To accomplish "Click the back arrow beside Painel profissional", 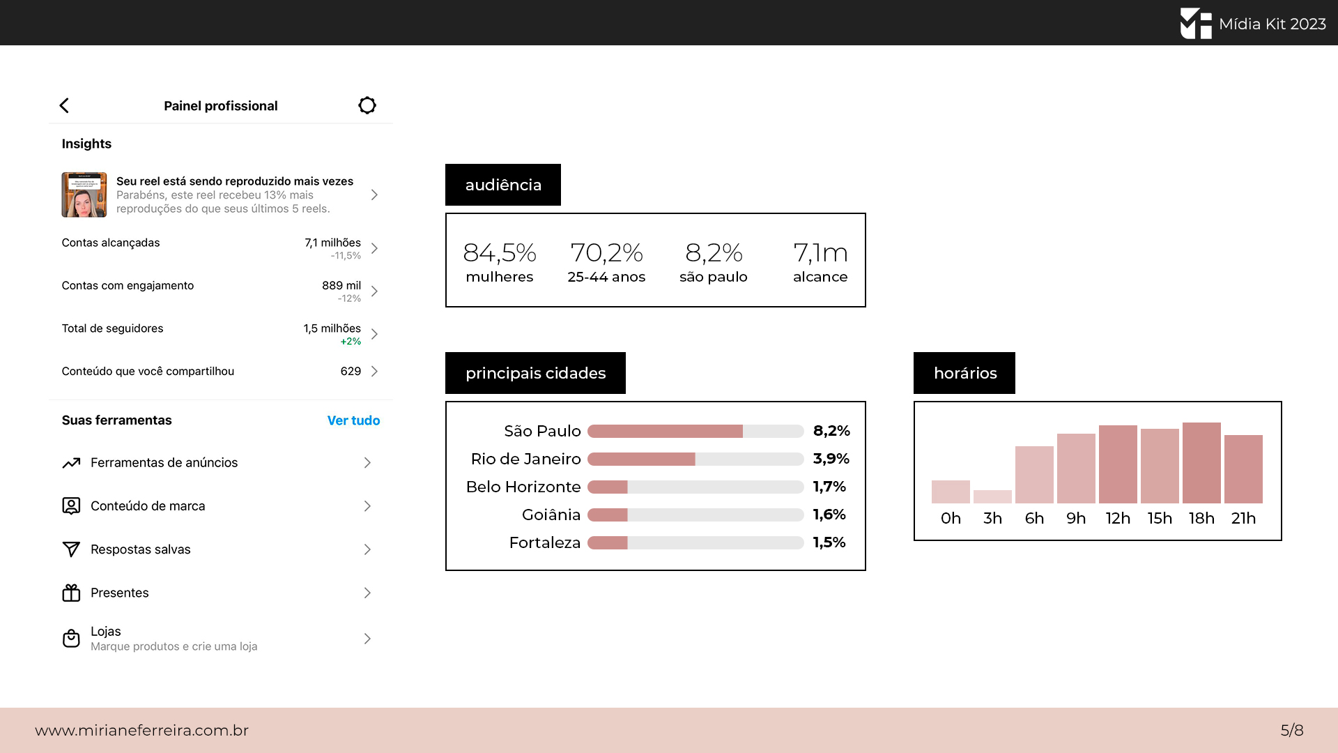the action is [x=64, y=105].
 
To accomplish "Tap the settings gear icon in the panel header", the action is [x=367, y=105].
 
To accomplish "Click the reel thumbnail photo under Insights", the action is [x=84, y=195].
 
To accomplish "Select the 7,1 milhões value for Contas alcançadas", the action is [x=332, y=243].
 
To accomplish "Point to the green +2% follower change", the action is [x=351, y=342].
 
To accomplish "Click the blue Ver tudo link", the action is [x=353, y=420].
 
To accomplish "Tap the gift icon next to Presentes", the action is [x=71, y=593].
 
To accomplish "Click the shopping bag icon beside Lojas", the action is [x=71, y=638].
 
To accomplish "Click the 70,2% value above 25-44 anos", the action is [x=606, y=252].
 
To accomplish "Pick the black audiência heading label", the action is [x=503, y=185].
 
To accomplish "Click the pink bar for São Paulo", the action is [x=665, y=431].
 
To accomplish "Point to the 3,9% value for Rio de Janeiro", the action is [x=831, y=459].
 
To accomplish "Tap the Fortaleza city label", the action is [x=545, y=542].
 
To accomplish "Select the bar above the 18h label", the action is [x=1201, y=463].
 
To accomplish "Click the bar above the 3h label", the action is [x=992, y=496].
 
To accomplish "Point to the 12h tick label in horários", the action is [x=1118, y=518].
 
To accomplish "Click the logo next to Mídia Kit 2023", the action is [x=1196, y=23].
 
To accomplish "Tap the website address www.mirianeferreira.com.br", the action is [x=142, y=730].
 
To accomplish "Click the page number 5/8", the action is [x=1292, y=730].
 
